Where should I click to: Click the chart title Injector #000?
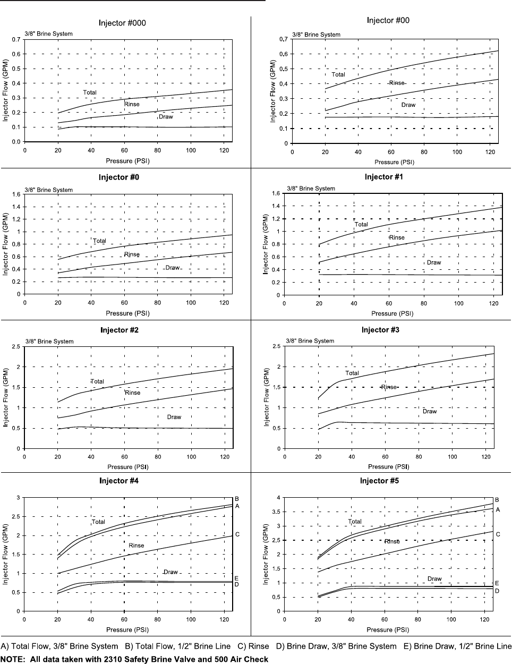point(122,23)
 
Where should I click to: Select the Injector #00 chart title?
point(388,20)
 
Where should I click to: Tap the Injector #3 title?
point(380,330)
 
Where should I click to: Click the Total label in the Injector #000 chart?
point(90,92)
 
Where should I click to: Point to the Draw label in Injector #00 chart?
point(408,105)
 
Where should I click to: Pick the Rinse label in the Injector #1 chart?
point(397,237)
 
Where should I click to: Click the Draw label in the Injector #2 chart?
point(174,417)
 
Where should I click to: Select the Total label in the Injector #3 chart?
point(352,373)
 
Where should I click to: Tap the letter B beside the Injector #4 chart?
point(237,499)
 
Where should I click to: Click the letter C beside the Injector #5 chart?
point(498,534)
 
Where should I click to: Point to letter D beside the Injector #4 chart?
point(236,584)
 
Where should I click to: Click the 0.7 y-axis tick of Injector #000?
point(16,39)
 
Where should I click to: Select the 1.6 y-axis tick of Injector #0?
point(16,194)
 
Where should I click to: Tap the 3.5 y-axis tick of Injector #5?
point(276,512)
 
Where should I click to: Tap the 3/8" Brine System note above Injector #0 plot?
point(48,190)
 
